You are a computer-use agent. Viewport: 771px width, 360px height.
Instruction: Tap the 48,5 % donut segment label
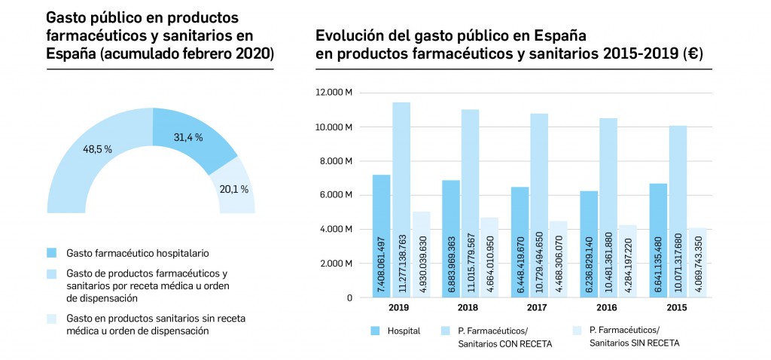97,149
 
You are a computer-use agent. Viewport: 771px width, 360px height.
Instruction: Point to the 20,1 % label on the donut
233,188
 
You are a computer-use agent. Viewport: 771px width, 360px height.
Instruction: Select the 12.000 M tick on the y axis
334,93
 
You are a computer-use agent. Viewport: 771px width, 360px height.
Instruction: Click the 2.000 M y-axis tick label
337,264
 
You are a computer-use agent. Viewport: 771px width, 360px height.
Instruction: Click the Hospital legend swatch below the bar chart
376,330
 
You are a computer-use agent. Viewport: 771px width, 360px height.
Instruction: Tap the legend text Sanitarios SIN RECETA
634,343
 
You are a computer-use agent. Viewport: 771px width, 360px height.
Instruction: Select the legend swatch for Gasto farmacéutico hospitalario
51,252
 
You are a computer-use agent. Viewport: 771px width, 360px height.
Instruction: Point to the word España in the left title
70,54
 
